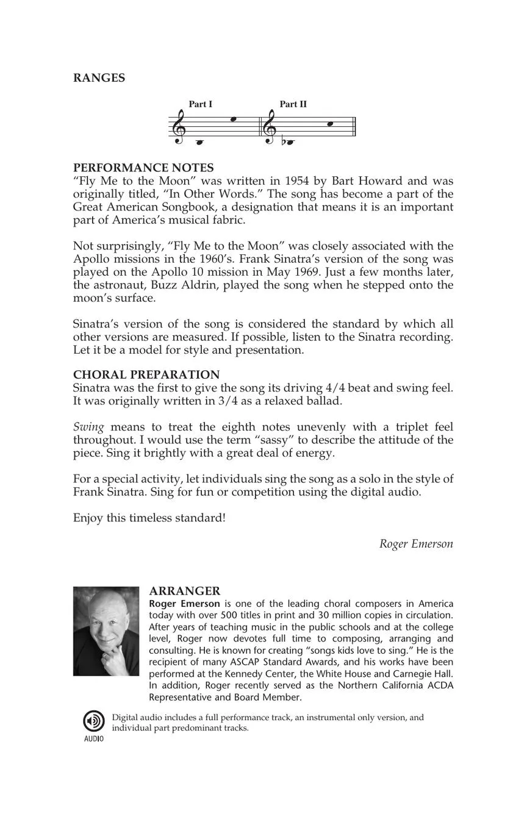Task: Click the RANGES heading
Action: [99, 78]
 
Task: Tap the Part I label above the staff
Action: [200, 104]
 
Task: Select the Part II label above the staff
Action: [293, 104]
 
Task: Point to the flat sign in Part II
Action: [284, 143]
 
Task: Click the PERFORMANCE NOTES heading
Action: [143, 168]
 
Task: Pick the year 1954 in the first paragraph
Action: [298, 181]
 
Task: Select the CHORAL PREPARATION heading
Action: [146, 374]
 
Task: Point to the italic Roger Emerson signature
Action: [416, 544]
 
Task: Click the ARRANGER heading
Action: [184, 592]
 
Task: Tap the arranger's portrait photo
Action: [106, 631]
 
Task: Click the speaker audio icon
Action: [94, 721]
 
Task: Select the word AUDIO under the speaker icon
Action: [94, 739]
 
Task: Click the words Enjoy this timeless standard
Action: [149, 518]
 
